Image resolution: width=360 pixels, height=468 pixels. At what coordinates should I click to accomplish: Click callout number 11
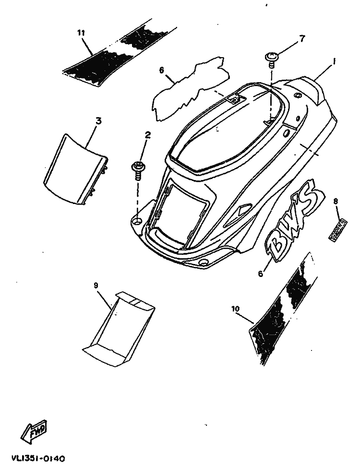pos(81,33)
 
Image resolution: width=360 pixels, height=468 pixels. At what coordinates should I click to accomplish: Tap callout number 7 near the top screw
pos(301,38)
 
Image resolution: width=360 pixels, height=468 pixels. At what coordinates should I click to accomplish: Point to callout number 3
pos(98,121)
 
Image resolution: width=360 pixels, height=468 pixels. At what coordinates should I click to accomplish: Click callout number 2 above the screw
pos(147,135)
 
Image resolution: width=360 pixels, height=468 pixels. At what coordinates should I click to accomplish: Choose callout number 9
pos(96,285)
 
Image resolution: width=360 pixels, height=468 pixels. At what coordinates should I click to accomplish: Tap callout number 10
pos(235,309)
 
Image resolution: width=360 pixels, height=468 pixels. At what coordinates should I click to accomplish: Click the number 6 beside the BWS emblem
pos(261,274)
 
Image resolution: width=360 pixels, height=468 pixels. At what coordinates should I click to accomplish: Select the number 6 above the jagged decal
pos(162,71)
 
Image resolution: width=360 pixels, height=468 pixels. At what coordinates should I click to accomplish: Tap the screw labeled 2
pos(138,168)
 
